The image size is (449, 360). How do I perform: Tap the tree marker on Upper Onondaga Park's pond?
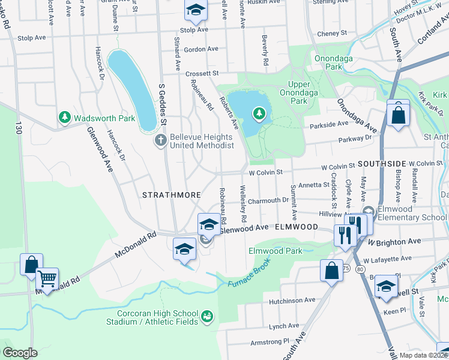point(259,113)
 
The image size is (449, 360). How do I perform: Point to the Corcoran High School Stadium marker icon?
point(207,316)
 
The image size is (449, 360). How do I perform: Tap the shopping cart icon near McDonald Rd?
point(47,278)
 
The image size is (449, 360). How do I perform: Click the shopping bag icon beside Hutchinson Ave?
point(331,270)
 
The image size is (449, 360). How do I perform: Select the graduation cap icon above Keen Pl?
point(387,286)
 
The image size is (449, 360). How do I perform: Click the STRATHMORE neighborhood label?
point(166,195)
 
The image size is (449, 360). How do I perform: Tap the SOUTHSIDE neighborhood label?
point(382,163)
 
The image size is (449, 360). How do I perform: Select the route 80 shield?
point(359,271)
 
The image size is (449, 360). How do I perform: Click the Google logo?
point(20,353)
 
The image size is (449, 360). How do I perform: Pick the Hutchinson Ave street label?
point(292,300)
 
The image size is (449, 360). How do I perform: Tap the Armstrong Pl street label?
point(270,341)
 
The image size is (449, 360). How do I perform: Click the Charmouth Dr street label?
point(268,200)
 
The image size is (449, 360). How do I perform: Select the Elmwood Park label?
point(276,251)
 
